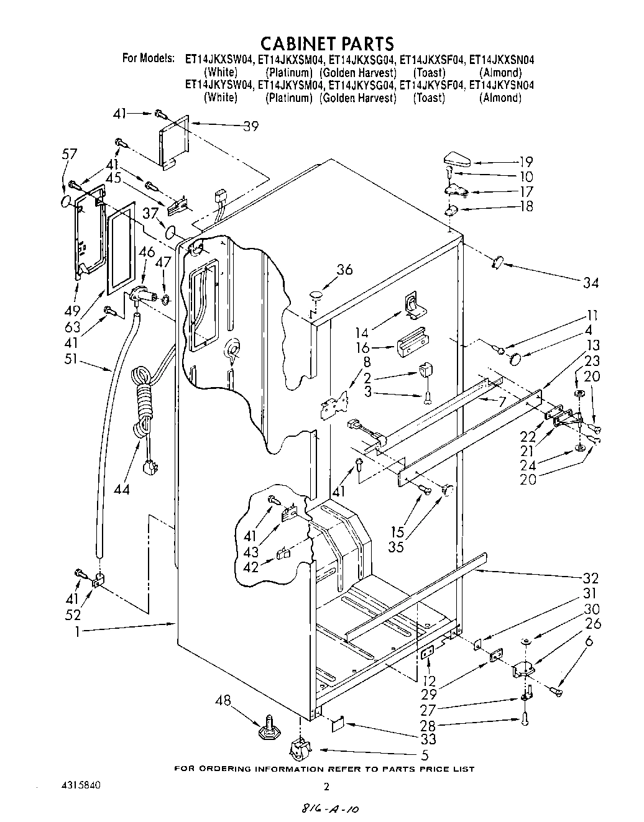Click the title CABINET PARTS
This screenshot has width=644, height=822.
[x=326, y=43]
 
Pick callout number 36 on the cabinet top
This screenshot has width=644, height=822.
[x=345, y=270]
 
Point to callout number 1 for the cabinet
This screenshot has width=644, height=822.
[x=80, y=631]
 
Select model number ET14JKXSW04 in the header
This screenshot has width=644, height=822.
[x=218, y=60]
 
